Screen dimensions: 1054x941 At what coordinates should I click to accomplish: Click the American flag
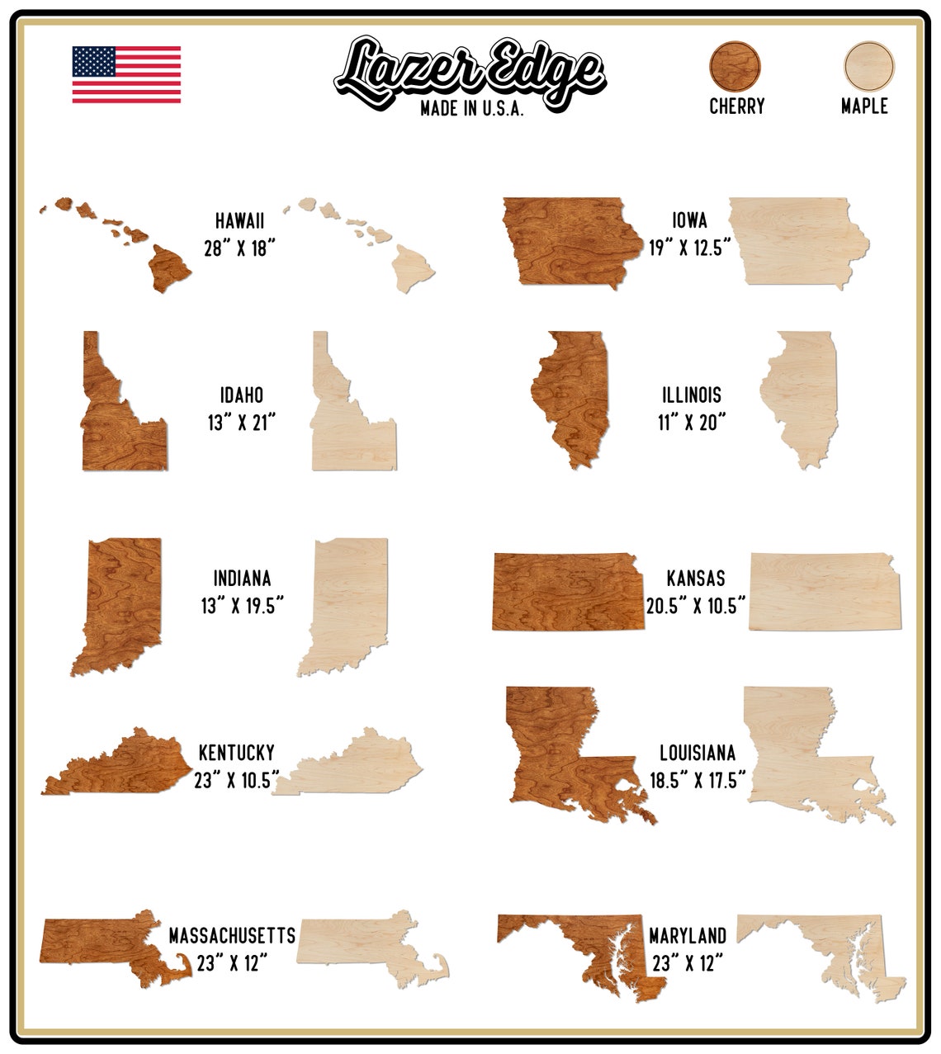click(x=126, y=75)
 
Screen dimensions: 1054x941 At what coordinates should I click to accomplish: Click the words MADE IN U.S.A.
click(x=471, y=109)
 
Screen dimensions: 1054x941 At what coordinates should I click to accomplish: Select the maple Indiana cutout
click(x=347, y=603)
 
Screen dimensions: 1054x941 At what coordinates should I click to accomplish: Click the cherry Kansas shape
click(x=568, y=593)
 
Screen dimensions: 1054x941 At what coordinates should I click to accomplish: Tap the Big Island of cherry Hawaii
click(x=168, y=267)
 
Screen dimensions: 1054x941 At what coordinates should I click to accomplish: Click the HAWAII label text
click(x=239, y=220)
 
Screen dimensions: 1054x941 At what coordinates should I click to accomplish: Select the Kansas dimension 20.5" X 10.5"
click(x=696, y=606)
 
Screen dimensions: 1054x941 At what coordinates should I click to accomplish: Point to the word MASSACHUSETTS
click(x=232, y=935)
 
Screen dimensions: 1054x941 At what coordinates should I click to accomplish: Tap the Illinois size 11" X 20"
click(x=691, y=423)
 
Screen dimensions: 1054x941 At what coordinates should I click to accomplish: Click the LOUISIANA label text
click(x=697, y=753)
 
